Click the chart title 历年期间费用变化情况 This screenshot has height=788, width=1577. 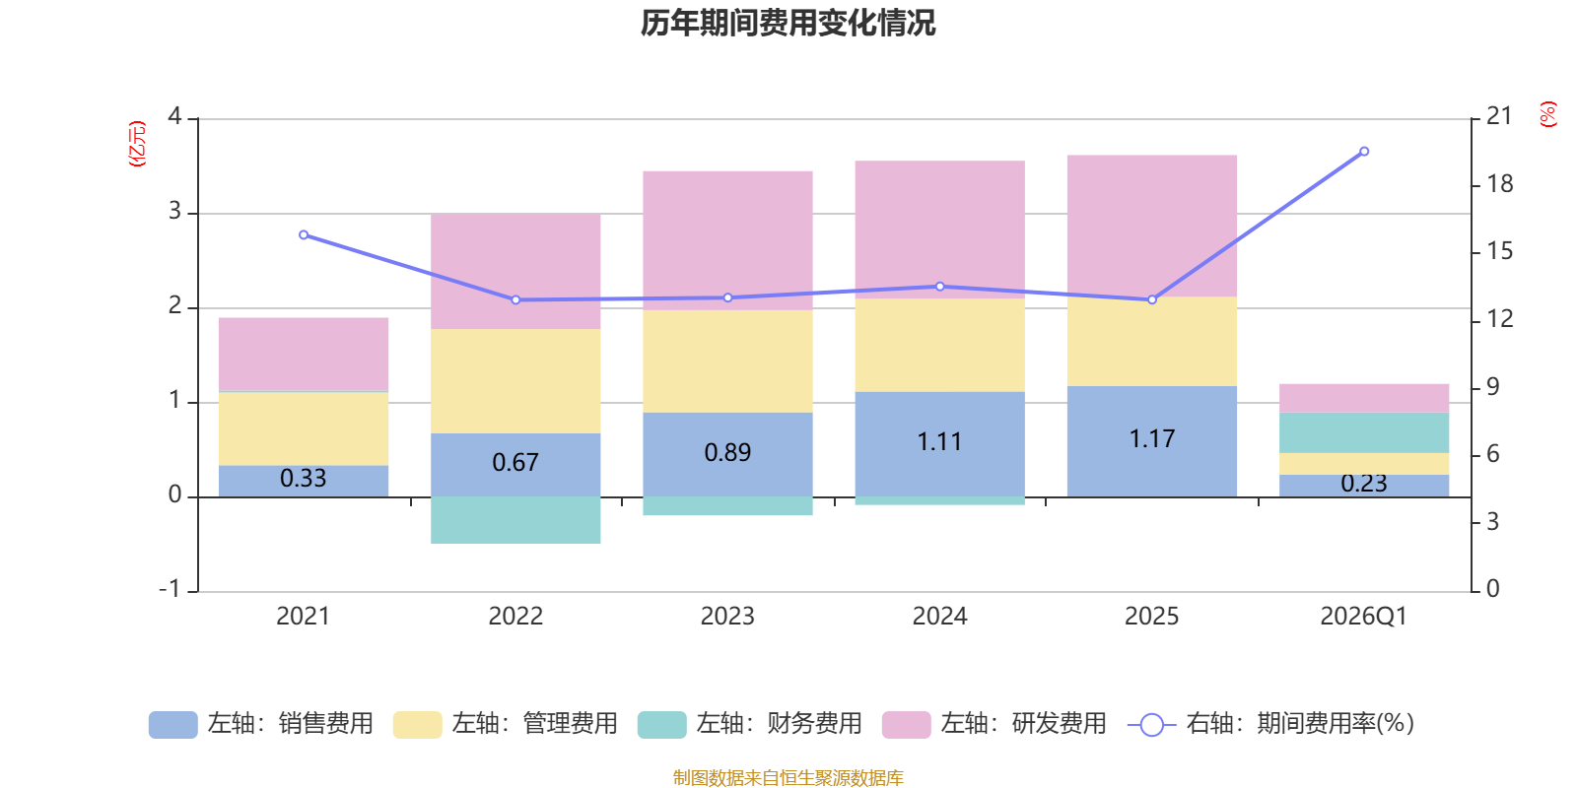(x=788, y=23)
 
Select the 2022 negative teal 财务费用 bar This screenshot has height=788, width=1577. (x=515, y=519)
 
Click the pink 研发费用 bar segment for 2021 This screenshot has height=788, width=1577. (x=303, y=354)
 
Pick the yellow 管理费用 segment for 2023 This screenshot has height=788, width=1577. (x=727, y=361)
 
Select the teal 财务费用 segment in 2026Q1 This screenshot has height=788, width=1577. (x=1364, y=432)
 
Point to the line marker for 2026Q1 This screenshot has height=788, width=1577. (x=1364, y=152)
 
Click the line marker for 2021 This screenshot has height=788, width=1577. (x=303, y=235)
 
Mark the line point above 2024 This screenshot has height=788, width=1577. (x=939, y=287)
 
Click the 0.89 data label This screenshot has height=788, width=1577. (x=727, y=453)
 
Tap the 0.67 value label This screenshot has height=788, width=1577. (x=515, y=463)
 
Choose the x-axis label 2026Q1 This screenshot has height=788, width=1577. (x=1363, y=617)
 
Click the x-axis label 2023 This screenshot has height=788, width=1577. (x=727, y=617)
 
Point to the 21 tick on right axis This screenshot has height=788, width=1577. (x=1499, y=116)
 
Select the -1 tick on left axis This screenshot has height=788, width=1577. (x=171, y=589)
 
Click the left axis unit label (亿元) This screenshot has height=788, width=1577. (x=137, y=144)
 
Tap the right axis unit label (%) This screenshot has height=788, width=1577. (x=1547, y=114)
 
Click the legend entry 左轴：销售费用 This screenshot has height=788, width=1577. (x=261, y=724)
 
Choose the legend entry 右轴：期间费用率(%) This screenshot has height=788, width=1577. (x=1271, y=724)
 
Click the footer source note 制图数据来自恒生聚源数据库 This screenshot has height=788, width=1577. (x=788, y=778)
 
